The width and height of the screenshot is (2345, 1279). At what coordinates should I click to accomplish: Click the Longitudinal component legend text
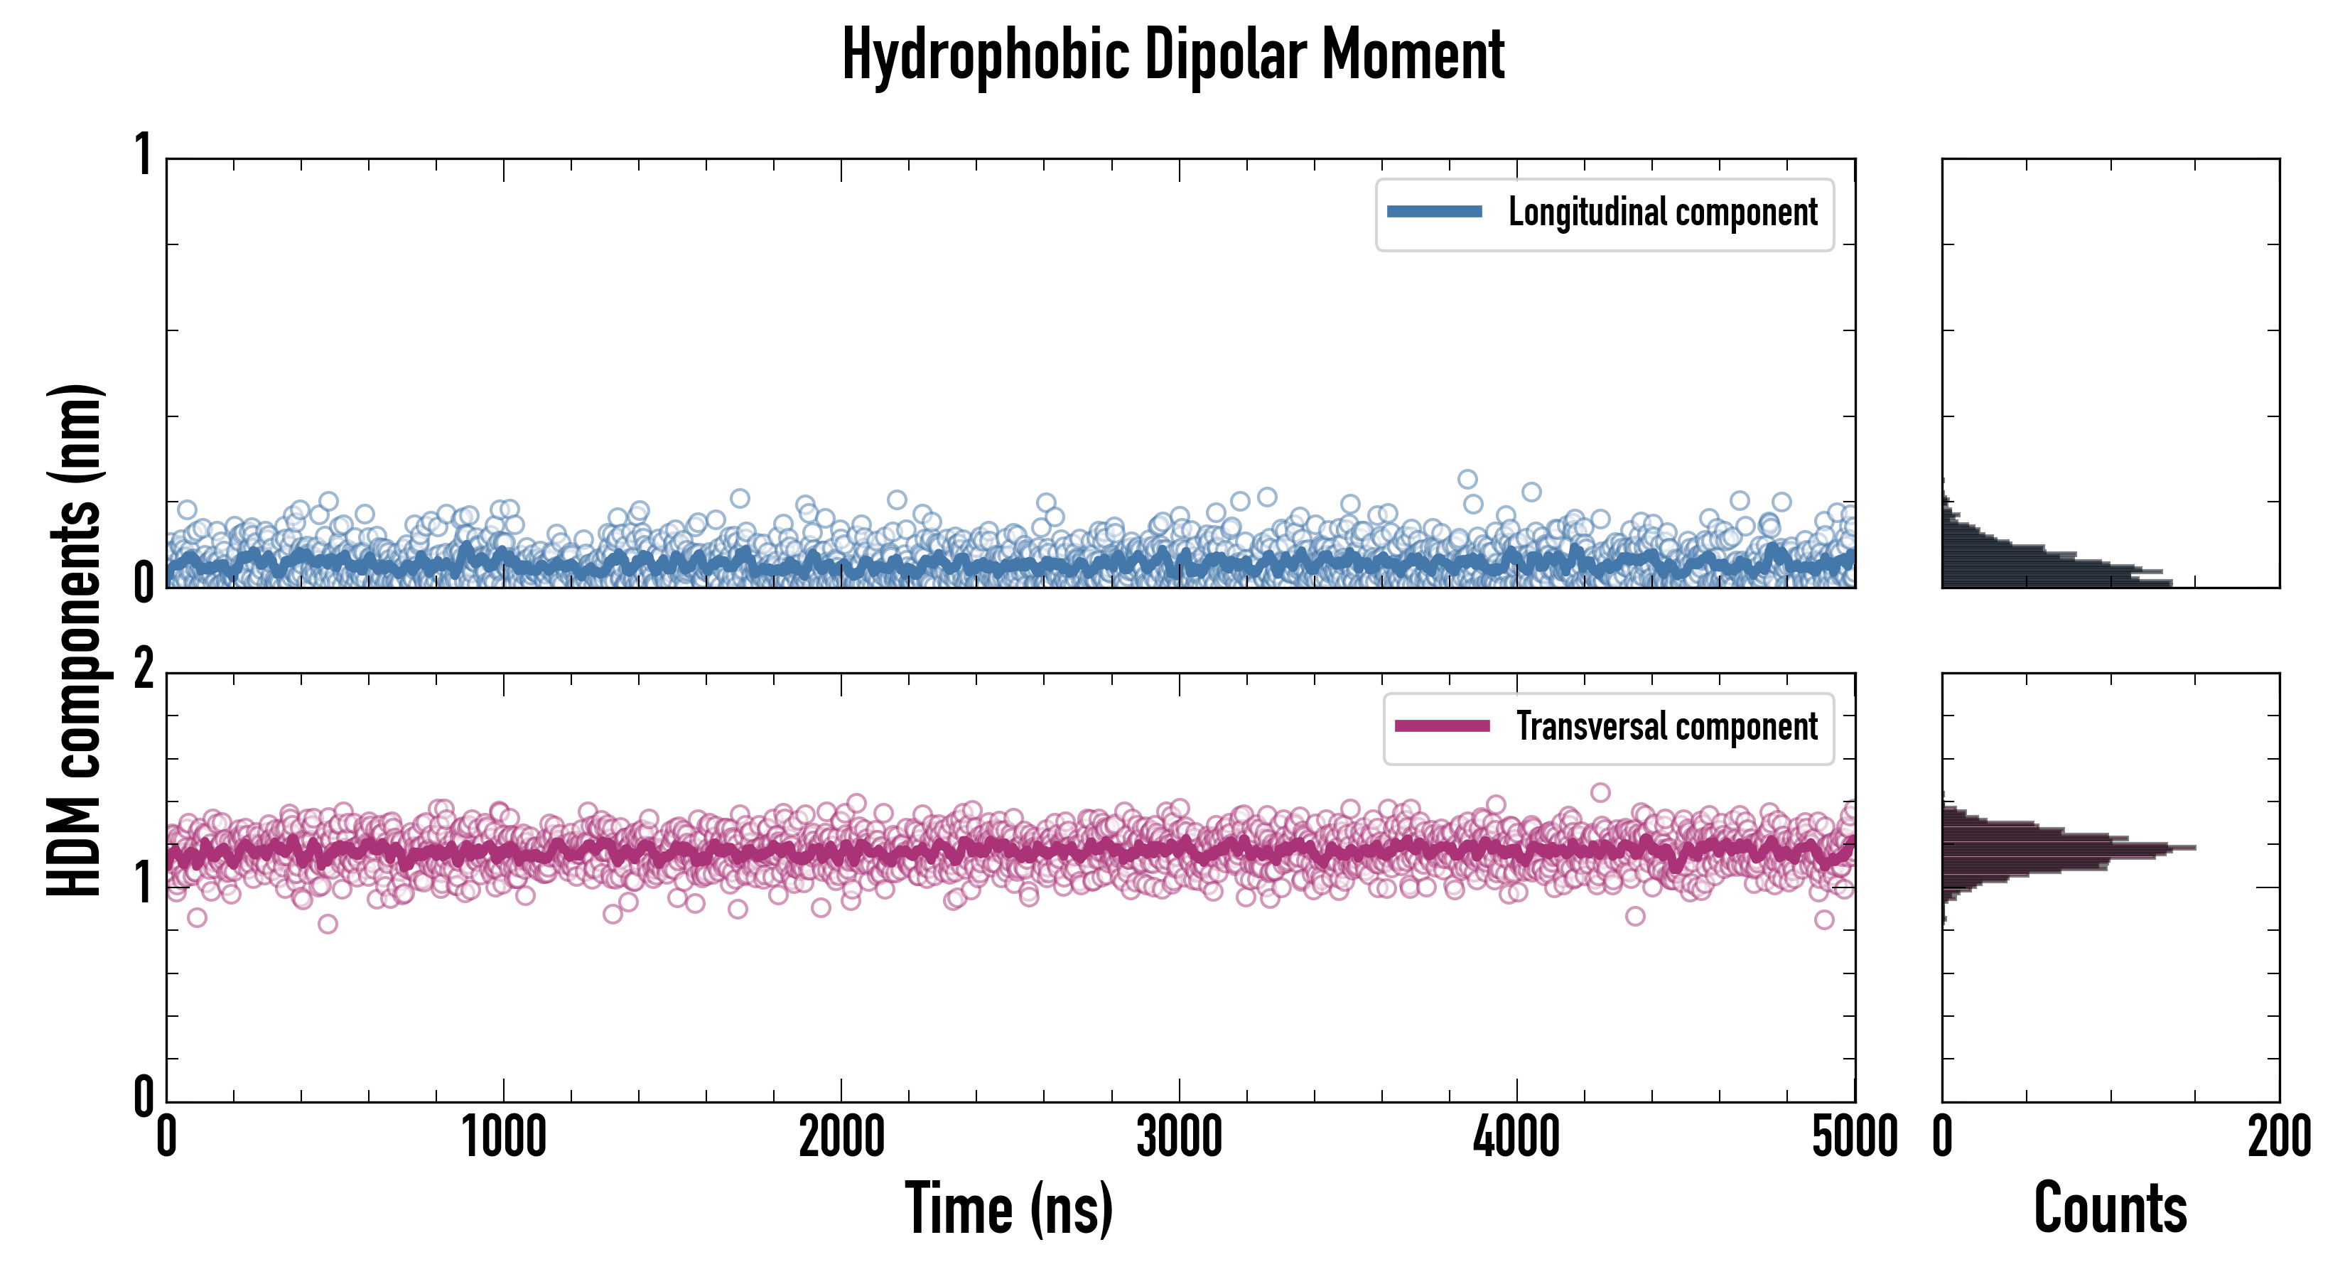[x=1662, y=212]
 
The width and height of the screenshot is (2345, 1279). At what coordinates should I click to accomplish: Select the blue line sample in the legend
[x=1434, y=212]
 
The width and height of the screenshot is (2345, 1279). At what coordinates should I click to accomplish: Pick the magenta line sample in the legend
[x=1442, y=726]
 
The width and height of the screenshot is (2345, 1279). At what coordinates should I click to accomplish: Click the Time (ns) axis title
[x=1008, y=1208]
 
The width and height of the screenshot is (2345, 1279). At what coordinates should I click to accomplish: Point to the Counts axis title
[x=2110, y=1208]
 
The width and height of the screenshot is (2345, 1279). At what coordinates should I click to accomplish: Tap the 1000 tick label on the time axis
[x=503, y=1138]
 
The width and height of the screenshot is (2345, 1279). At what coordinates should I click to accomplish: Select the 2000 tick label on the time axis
[x=841, y=1138]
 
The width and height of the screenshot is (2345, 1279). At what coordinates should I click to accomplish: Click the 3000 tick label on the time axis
[x=1179, y=1138]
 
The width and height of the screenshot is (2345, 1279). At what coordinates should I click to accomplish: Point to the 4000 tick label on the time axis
[x=1516, y=1138]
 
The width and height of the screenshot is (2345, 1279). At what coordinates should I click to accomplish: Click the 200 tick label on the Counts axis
[x=2278, y=1138]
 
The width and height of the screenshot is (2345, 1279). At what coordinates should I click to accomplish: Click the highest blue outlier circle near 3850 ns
[x=1467, y=479]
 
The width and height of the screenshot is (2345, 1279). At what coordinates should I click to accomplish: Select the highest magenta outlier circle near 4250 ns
[x=1600, y=792]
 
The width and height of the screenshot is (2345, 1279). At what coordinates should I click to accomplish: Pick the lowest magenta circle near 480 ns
[x=328, y=924]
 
